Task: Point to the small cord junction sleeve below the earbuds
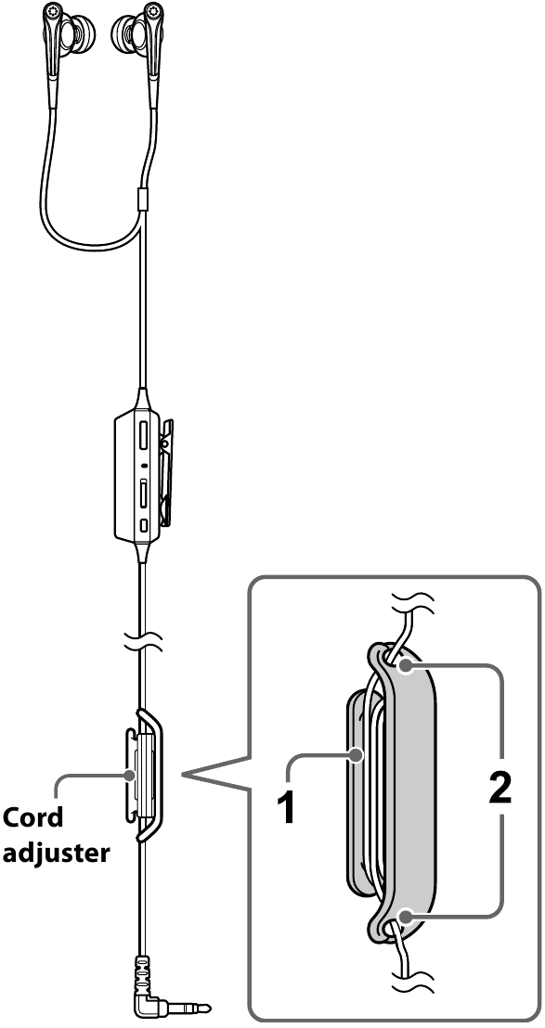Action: coord(142,198)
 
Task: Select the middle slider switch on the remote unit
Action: coord(145,493)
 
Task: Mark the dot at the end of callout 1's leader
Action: coord(357,758)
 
